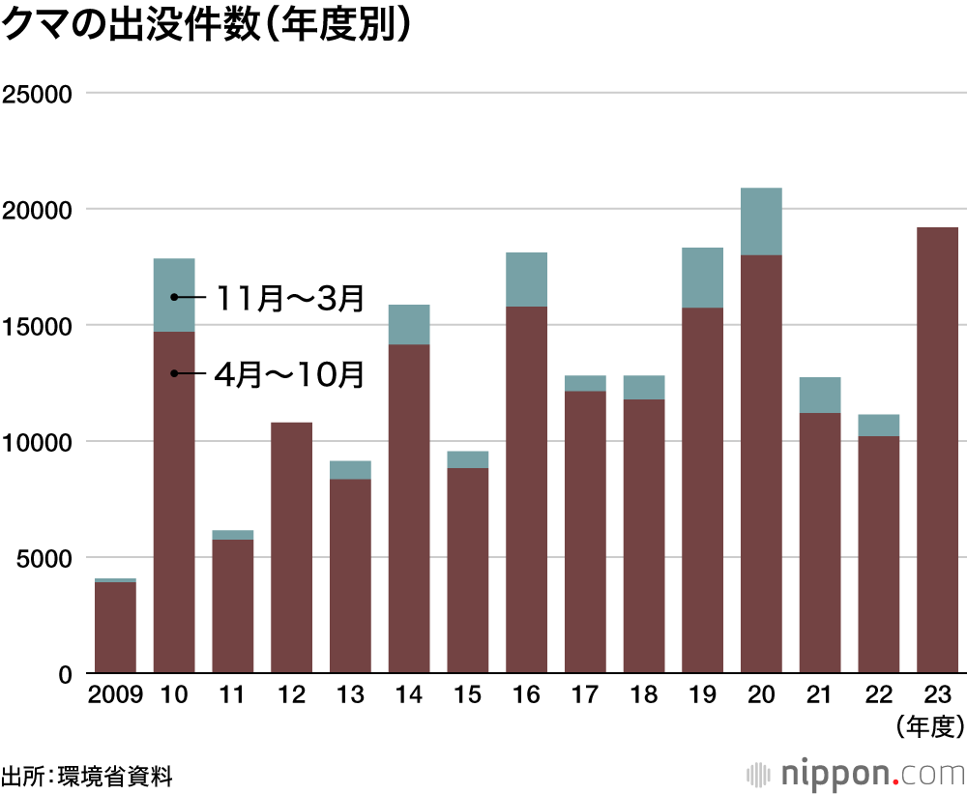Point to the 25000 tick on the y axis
click(x=40, y=94)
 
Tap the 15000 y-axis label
click(x=40, y=326)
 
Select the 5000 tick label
click(x=45, y=558)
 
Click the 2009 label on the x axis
click(x=115, y=695)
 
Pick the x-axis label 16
click(x=526, y=695)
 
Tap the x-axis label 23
click(x=937, y=695)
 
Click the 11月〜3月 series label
click(x=289, y=298)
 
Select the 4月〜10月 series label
click(x=289, y=374)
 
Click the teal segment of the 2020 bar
click(x=761, y=221)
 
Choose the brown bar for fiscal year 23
click(x=937, y=450)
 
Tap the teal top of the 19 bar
click(x=702, y=278)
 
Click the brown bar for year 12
click(x=291, y=547)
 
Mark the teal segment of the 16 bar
click(x=526, y=280)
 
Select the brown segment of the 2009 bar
click(x=115, y=628)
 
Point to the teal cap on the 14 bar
click(x=409, y=325)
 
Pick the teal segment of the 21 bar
click(x=820, y=396)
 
